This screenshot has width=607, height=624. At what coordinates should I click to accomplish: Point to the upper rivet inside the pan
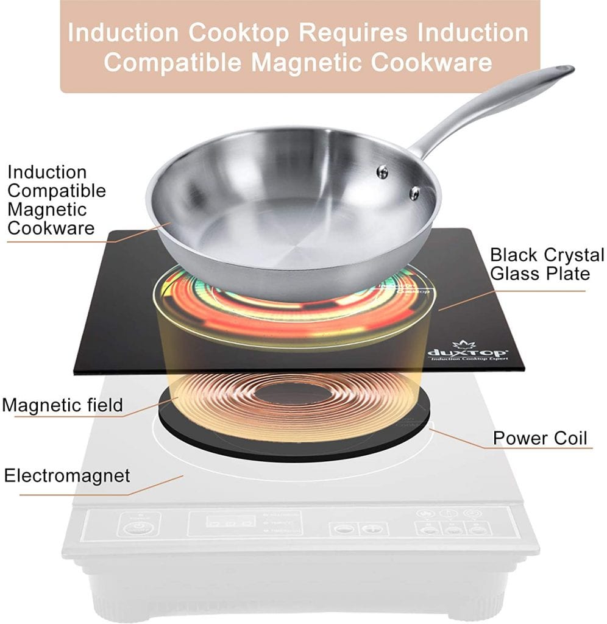[x=382, y=172]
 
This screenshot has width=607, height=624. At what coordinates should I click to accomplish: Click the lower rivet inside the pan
[x=414, y=193]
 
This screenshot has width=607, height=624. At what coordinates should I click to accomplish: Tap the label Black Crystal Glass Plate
[x=547, y=264]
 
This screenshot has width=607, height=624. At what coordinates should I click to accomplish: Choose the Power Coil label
[x=540, y=438]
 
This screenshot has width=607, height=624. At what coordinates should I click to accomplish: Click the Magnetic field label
[x=63, y=405]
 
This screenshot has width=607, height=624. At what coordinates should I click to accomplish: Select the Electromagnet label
[x=67, y=475]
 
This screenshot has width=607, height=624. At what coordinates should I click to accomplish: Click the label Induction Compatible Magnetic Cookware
[x=56, y=200]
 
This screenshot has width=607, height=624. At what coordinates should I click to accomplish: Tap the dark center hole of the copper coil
[x=293, y=394]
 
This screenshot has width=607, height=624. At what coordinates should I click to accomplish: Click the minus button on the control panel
[x=343, y=528]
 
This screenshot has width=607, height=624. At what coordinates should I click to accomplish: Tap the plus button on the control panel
[x=369, y=528]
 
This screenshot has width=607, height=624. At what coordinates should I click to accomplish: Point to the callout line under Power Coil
[x=536, y=449]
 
